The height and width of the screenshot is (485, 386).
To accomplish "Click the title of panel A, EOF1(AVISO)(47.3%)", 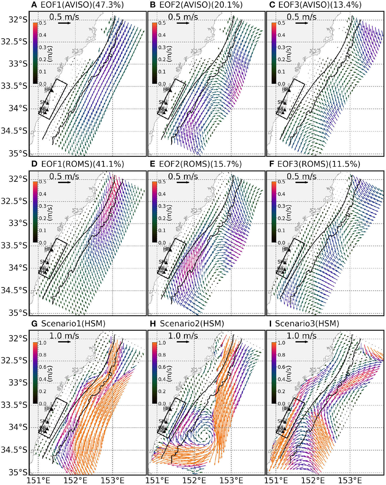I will point(82,5).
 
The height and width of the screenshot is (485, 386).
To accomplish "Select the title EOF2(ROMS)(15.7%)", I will point(200,164).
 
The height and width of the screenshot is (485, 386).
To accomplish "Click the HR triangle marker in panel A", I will point(52,90).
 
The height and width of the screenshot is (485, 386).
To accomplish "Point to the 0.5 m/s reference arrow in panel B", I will point(183,23).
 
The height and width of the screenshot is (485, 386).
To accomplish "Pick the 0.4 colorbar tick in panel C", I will point(281,35).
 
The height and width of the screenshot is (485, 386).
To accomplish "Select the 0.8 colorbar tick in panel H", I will point(162,355).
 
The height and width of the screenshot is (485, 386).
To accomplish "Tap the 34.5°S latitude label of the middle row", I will point(14,290).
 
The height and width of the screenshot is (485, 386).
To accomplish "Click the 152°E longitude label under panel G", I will point(75,480).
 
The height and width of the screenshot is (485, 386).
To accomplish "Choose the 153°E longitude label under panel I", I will point(350,480).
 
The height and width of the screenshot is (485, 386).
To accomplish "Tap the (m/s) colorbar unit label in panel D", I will point(50,213).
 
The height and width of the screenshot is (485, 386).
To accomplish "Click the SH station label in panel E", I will point(162,262).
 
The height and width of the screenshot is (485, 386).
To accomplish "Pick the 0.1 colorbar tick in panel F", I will point(281,230).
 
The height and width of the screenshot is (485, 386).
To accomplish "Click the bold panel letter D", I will point(34,164).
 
